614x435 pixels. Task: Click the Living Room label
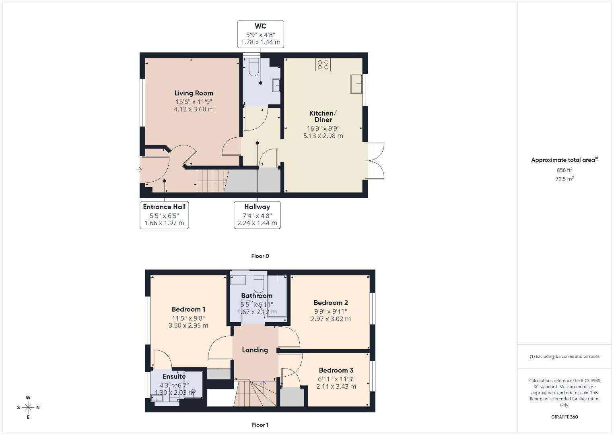pyautogui.click(x=194, y=93)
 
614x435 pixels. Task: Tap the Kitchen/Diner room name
pyautogui.click(x=323, y=116)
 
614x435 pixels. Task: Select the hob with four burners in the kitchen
pyautogui.click(x=323, y=65)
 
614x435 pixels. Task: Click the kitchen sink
pyautogui.click(x=356, y=83)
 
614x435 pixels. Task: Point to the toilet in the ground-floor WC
pyautogui.click(x=254, y=68)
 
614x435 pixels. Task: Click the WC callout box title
pyautogui.click(x=260, y=26)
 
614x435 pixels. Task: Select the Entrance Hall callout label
pyautogui.click(x=164, y=207)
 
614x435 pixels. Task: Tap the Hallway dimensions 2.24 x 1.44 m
pyautogui.click(x=257, y=223)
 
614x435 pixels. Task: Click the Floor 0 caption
pyautogui.click(x=260, y=256)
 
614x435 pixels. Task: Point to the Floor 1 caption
pyautogui.click(x=260, y=425)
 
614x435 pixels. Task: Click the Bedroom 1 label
pyautogui.click(x=188, y=309)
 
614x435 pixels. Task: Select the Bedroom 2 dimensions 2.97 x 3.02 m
pyautogui.click(x=331, y=319)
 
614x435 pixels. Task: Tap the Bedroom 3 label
pyautogui.click(x=336, y=370)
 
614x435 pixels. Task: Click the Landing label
pyautogui.click(x=255, y=350)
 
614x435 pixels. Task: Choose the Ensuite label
pyautogui.click(x=174, y=376)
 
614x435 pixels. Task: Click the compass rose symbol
pyautogui.click(x=28, y=408)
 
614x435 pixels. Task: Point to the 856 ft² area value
pyautogui.click(x=565, y=170)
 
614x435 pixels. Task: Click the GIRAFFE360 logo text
pyautogui.click(x=565, y=417)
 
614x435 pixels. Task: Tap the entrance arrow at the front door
pyautogui.click(x=139, y=170)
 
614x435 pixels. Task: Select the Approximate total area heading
pyautogui.click(x=565, y=160)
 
